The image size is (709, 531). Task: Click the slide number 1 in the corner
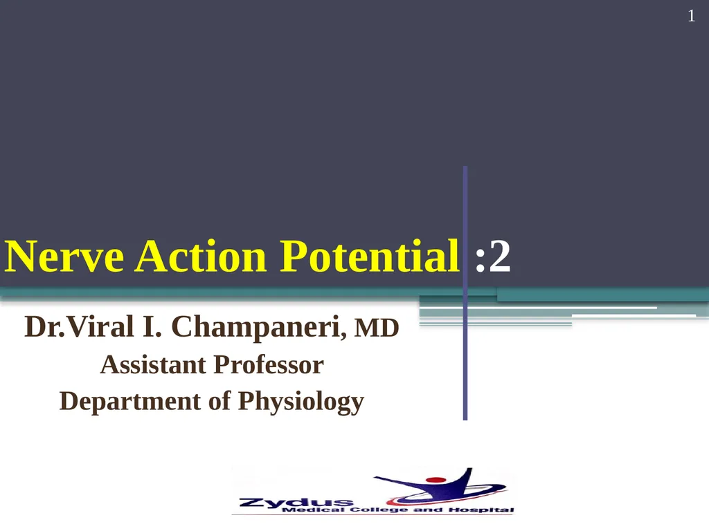point(692,17)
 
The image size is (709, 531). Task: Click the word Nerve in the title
point(64,256)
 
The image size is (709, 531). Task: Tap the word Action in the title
point(201,256)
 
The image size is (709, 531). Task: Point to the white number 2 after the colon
point(500,256)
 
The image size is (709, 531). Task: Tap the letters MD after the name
point(377,328)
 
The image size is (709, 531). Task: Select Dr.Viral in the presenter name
point(79,326)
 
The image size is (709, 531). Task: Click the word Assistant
point(153,365)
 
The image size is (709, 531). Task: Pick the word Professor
point(268,365)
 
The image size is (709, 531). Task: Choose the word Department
point(129,402)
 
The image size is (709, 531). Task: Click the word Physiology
point(300,402)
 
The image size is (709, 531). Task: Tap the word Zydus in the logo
point(296,501)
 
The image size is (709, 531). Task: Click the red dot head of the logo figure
point(436,480)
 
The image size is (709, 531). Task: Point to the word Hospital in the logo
point(481,510)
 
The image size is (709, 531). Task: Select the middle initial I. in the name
point(152,326)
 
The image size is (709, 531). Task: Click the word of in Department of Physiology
point(219,401)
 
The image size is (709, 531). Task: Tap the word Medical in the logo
point(315,510)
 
